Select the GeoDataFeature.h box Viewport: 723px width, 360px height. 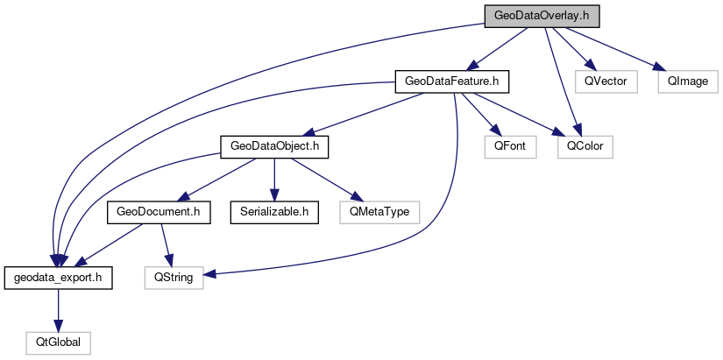pos(451,81)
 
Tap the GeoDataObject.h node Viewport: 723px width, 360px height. pos(273,146)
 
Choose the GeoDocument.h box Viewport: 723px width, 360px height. pos(159,211)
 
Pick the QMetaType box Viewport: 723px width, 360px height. pos(379,211)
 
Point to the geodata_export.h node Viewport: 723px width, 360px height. pos(57,277)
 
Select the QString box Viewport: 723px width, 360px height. pos(174,277)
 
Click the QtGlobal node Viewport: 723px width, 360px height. pos(57,342)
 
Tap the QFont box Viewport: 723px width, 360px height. pos(509,146)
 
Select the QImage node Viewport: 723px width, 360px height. pos(688,81)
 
